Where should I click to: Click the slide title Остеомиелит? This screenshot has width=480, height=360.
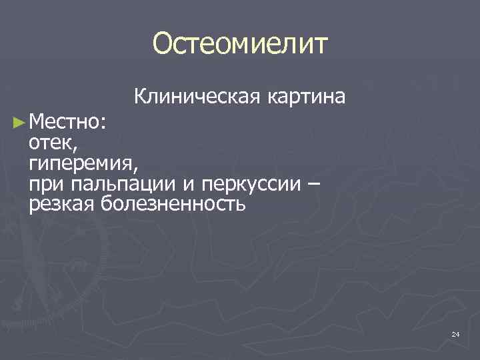pos(240,44)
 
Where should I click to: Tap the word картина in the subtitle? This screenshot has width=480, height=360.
pos(306,97)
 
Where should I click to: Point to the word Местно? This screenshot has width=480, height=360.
pos(64,122)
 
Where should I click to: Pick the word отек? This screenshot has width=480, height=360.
pos(52,143)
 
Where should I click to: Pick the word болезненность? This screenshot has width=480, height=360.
pos(173,204)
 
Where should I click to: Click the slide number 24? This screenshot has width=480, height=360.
pos(455,333)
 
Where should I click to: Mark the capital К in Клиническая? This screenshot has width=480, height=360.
pos(141,97)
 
